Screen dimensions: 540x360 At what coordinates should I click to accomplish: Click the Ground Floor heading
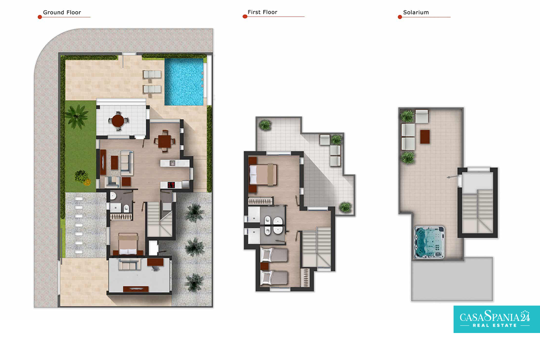(x=62, y=13)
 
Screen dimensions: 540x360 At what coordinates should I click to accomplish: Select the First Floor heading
(x=262, y=12)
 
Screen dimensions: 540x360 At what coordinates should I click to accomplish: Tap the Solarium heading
(x=416, y=13)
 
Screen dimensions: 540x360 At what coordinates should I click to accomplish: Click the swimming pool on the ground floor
(x=184, y=82)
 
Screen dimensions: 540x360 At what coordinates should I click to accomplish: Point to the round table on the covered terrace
(x=118, y=121)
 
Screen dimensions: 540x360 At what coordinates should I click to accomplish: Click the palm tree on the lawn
(x=76, y=117)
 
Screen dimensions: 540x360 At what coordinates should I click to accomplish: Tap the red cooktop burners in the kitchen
(x=171, y=185)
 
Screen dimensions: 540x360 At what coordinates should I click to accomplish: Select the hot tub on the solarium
(x=429, y=242)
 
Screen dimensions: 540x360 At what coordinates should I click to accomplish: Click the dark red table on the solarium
(x=425, y=137)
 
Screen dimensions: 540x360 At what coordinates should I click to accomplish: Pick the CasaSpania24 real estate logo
(x=497, y=319)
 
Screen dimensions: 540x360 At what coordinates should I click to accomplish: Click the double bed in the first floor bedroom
(x=263, y=175)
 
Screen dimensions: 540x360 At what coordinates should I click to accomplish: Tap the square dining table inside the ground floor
(x=165, y=141)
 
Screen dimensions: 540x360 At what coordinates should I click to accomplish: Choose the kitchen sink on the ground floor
(x=172, y=163)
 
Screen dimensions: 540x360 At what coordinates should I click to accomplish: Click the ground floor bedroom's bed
(x=128, y=244)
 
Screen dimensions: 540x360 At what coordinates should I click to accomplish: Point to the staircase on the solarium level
(x=477, y=211)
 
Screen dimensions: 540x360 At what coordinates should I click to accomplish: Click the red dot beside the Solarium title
(x=400, y=17)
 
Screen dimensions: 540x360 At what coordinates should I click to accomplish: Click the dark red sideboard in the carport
(x=136, y=288)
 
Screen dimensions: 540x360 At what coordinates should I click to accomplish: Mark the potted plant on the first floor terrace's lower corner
(x=345, y=207)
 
